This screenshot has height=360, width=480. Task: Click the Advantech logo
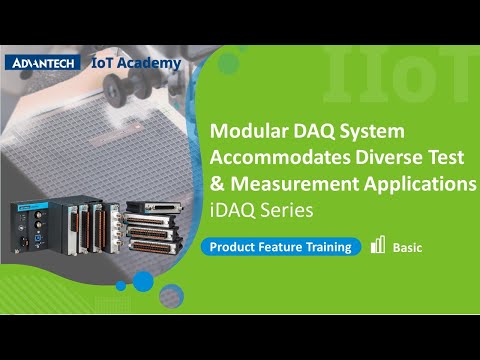point(45,62)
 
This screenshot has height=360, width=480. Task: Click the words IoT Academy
point(136,62)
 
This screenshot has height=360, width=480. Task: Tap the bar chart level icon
point(378,245)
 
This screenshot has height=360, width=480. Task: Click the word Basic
point(407,247)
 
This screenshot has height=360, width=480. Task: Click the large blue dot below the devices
point(144,282)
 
